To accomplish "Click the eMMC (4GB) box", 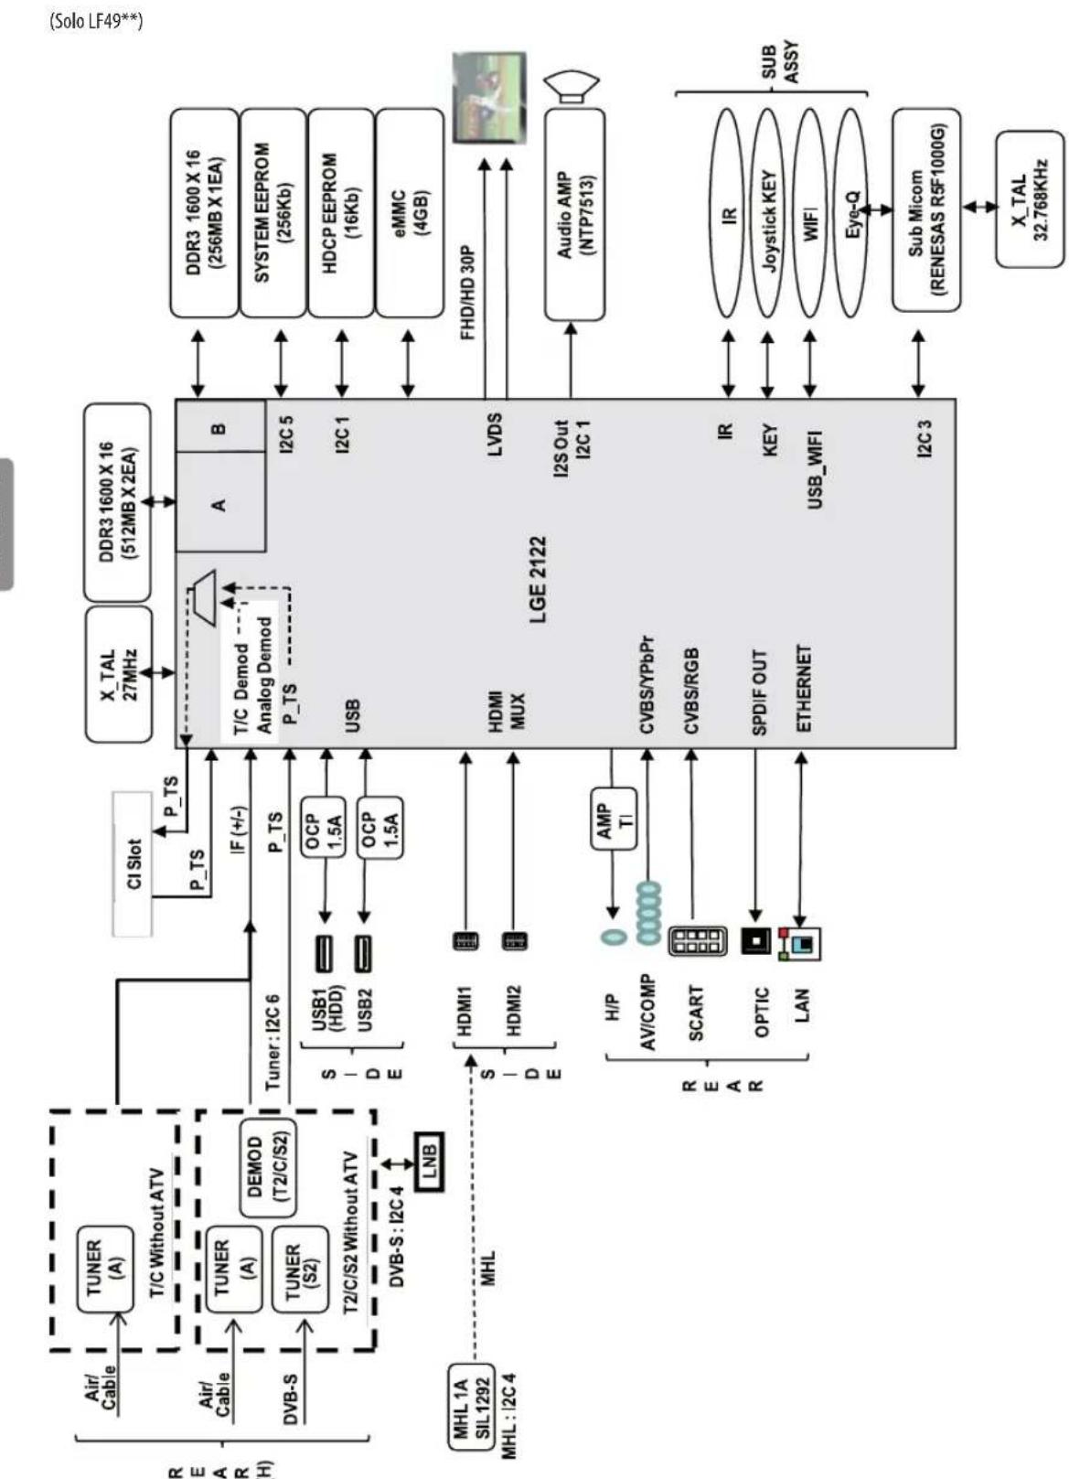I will tap(409, 213).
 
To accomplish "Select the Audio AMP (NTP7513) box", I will tap(574, 215).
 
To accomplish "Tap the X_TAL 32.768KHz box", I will tap(1029, 198).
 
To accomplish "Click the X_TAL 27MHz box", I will tap(118, 673).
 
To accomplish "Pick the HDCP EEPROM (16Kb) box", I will tap(341, 213).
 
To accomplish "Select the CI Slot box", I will tap(133, 864).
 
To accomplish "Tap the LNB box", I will tap(429, 1162).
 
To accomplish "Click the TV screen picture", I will tap(489, 98).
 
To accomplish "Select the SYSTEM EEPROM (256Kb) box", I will tap(273, 213).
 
